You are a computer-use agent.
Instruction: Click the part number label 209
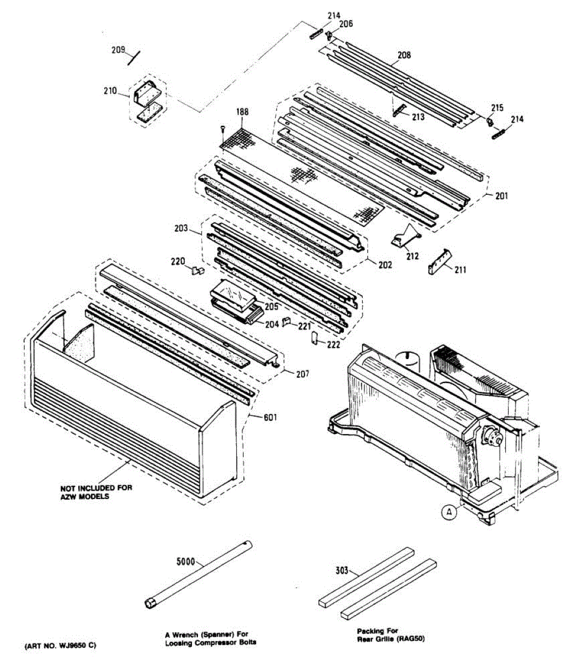pos(118,50)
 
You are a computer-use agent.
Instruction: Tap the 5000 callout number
pos(185,562)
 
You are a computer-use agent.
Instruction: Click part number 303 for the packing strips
pos(343,570)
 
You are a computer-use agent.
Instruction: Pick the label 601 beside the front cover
pos(270,417)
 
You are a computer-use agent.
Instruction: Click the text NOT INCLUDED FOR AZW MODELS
pos(96,492)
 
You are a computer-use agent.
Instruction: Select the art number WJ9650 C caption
pos(60,645)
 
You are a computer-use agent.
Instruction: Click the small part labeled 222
pos(313,337)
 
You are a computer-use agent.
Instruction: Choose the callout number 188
pos(242,112)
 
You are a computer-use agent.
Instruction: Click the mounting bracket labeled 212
pos(404,238)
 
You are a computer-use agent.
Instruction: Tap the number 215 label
pos(497,108)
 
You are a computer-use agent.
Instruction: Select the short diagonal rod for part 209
pos(134,58)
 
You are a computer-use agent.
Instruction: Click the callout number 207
pos(302,374)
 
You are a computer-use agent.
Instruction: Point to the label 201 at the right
pos(501,195)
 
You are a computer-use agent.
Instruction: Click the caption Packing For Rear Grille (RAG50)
pos(390,635)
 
